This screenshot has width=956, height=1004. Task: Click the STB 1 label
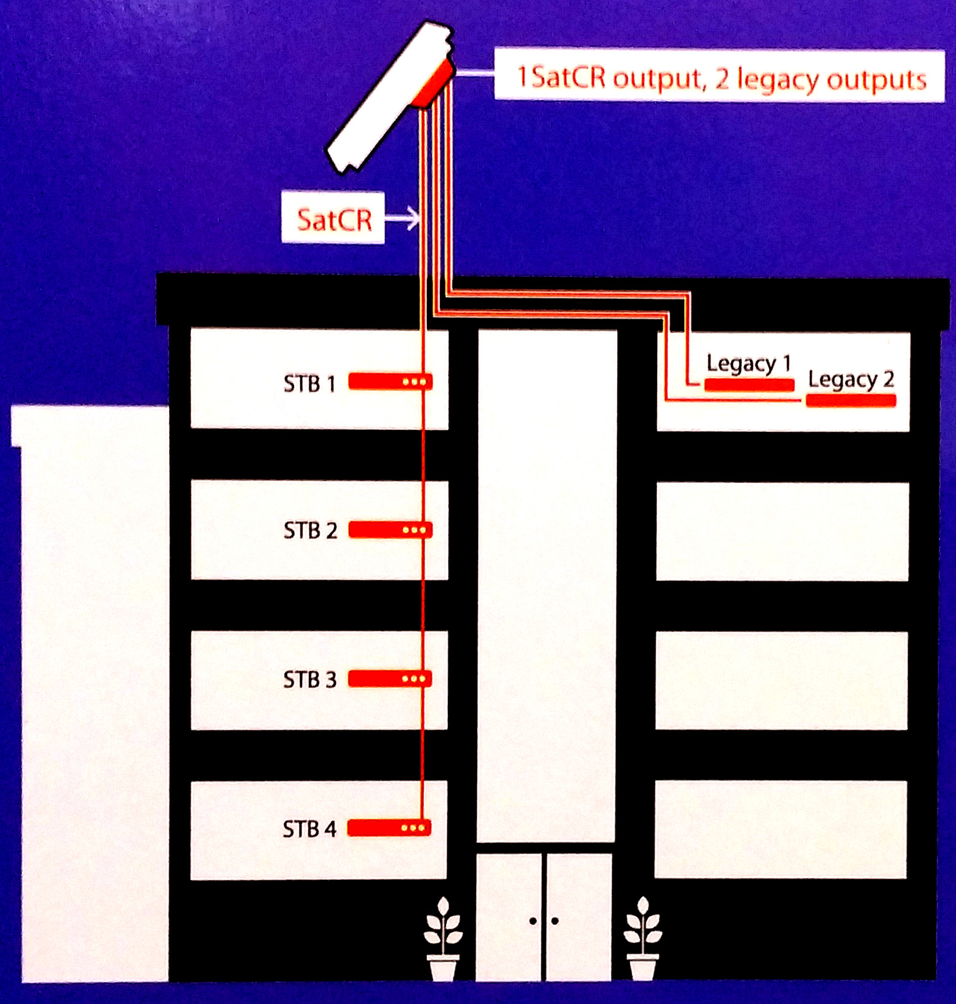(x=309, y=384)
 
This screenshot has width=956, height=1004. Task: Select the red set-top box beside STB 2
(x=391, y=530)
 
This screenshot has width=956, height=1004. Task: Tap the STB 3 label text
(x=310, y=680)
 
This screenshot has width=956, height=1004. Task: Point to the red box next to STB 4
(x=389, y=828)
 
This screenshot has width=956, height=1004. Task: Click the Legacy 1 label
(x=749, y=364)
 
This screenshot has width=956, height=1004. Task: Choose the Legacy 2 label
(x=851, y=380)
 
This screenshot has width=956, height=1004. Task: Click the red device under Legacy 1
(x=749, y=386)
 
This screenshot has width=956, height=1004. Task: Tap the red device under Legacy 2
(x=851, y=401)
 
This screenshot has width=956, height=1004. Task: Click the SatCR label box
(x=333, y=218)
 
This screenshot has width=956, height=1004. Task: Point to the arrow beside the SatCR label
(x=403, y=218)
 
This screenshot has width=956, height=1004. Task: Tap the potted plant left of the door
(x=443, y=939)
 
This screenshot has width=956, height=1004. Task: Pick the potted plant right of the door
(x=643, y=939)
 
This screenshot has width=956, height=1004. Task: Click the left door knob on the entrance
(x=533, y=921)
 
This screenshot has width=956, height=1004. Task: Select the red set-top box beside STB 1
(x=391, y=382)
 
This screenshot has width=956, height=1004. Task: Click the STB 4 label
(x=309, y=829)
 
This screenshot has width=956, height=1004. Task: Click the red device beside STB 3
(x=390, y=679)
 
